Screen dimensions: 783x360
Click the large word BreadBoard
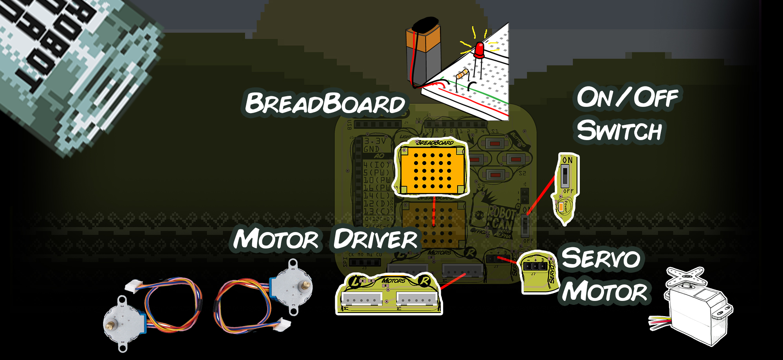[x=325, y=104]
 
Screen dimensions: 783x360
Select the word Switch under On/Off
[x=619, y=131]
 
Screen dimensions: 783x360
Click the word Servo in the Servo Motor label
[x=601, y=258]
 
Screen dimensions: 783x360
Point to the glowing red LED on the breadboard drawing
[x=479, y=50]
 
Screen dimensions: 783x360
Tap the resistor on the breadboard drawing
[x=462, y=74]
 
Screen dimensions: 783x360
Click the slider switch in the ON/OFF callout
[x=565, y=176]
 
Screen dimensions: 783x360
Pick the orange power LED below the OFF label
[x=561, y=206]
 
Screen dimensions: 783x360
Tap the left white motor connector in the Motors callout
[x=362, y=299]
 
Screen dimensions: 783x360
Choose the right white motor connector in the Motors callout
[x=417, y=299]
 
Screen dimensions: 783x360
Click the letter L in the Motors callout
[x=355, y=281]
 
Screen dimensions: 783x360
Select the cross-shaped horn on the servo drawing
[x=686, y=275]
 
